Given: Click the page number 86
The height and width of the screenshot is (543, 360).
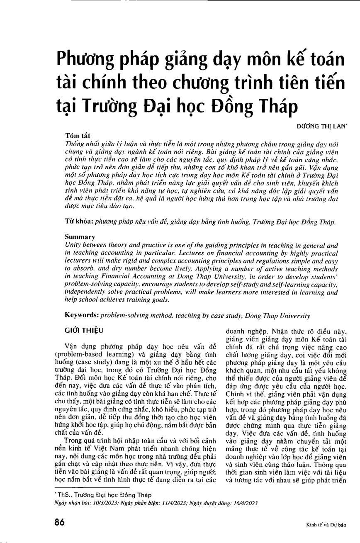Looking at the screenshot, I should tap(60, 522).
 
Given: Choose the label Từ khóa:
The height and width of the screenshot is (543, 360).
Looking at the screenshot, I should tap(80, 222).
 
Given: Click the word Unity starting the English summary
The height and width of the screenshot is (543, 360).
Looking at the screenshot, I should tap(73, 245).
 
